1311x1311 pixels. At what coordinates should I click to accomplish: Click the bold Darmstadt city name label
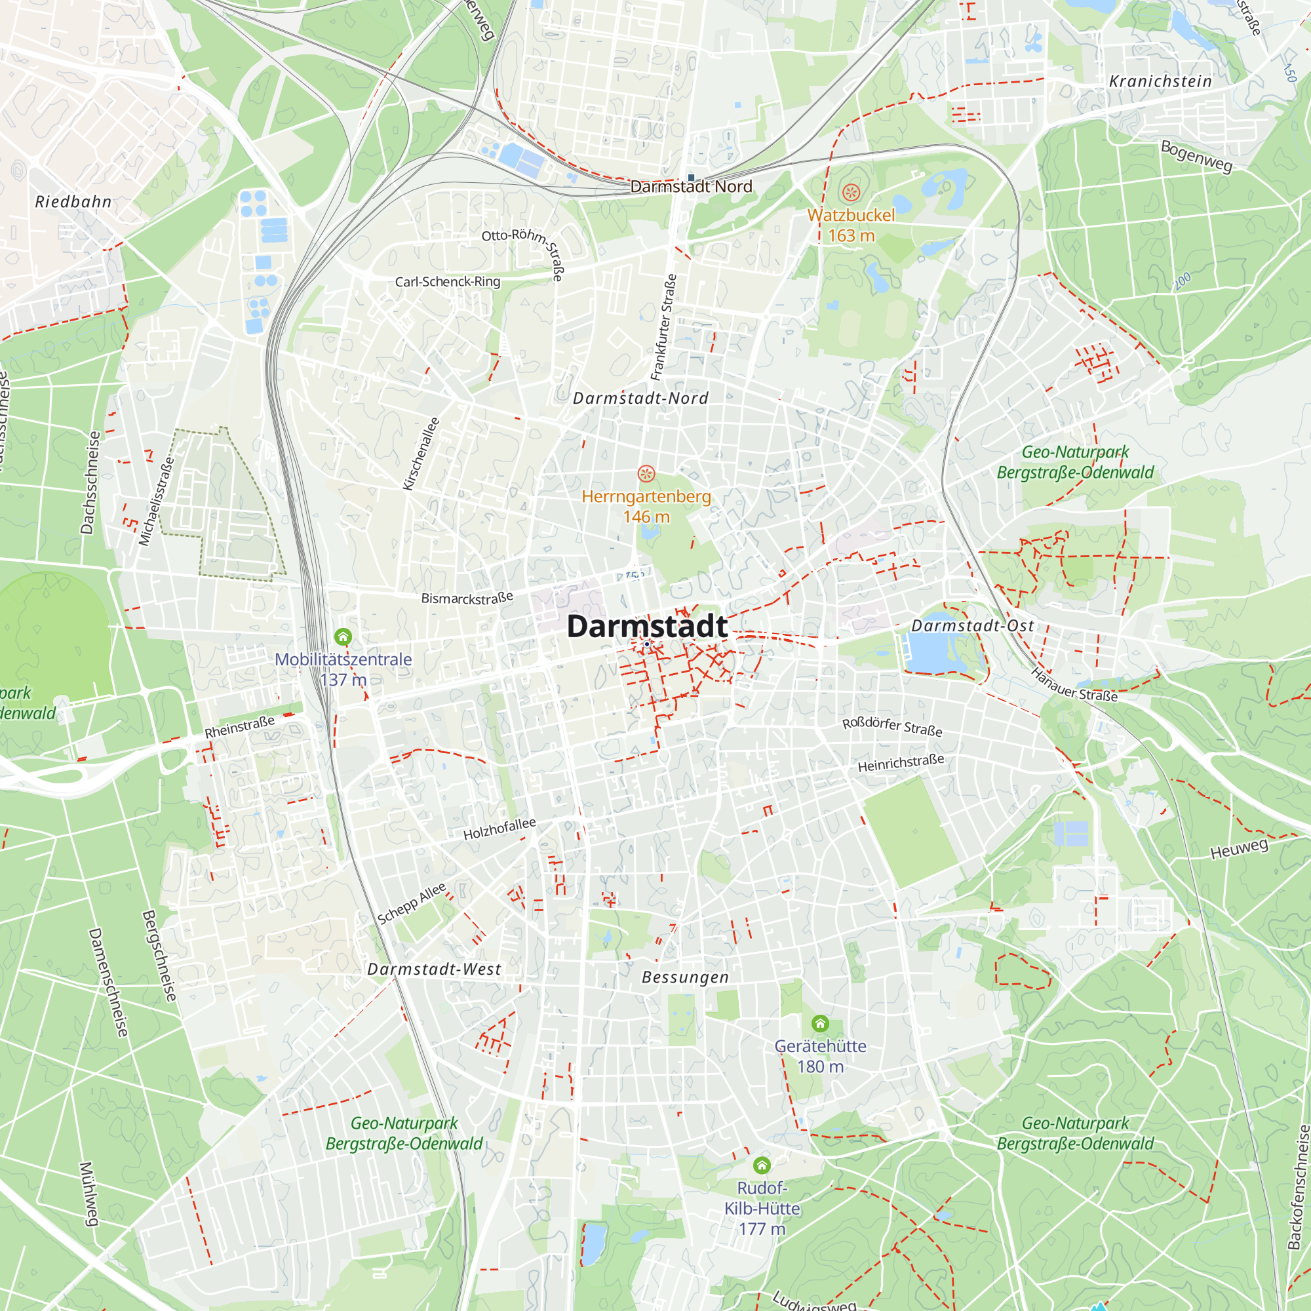tap(647, 626)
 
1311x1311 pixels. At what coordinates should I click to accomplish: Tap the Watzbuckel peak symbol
tap(851, 193)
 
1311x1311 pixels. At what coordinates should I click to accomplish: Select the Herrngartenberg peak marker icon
tap(646, 473)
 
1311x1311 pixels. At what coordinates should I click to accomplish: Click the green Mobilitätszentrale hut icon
tap(343, 636)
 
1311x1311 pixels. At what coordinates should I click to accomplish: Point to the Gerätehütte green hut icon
tap(821, 1023)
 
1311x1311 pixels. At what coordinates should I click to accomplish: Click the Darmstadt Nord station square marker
tap(692, 178)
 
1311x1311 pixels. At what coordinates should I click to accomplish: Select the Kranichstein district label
tap(1160, 81)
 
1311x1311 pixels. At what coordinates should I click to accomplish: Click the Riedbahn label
tap(73, 201)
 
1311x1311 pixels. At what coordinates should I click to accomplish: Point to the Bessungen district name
tap(686, 977)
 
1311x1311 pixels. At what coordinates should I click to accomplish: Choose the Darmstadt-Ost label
tap(972, 625)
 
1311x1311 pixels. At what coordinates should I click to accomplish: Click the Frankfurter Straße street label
tap(663, 327)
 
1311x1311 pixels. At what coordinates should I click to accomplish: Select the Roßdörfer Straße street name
tap(891, 726)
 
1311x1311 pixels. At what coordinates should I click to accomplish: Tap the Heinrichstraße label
tap(901, 763)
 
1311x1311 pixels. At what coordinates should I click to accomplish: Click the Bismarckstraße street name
tap(467, 598)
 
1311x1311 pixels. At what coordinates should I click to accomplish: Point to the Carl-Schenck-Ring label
tap(447, 281)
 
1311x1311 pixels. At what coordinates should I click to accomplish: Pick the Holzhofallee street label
tap(499, 829)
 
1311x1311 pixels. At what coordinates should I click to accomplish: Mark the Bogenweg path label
tap(1196, 156)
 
